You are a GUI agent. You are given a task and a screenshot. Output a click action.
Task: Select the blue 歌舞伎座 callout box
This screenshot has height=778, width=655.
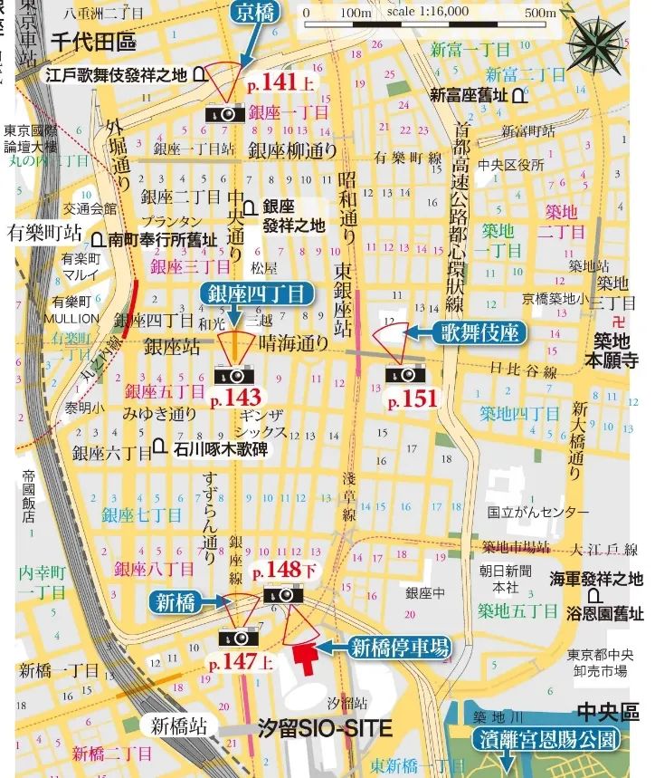(482, 332)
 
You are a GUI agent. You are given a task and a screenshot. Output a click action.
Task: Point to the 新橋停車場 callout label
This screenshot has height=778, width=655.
(399, 647)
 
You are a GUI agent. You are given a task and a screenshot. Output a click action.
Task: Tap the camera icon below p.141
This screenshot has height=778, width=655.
(223, 112)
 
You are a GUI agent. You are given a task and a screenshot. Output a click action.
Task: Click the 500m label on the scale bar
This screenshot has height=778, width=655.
(540, 13)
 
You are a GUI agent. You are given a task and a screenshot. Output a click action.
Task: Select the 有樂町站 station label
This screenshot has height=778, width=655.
(43, 233)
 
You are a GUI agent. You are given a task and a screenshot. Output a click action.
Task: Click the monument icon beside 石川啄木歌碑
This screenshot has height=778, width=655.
(159, 447)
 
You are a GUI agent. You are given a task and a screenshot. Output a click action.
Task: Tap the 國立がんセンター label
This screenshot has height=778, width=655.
(537, 513)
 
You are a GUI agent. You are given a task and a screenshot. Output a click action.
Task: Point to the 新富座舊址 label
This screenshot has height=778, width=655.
(469, 94)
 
